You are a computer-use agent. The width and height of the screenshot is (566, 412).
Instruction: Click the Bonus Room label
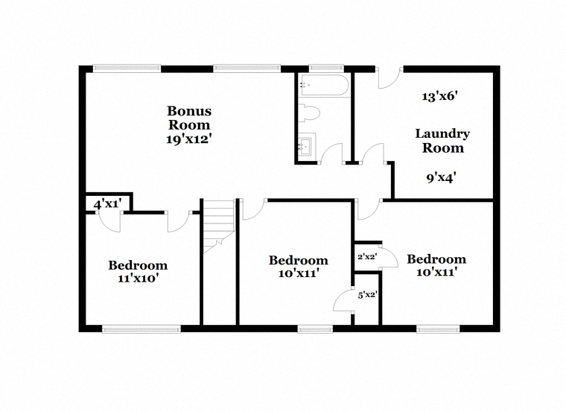tap(189, 118)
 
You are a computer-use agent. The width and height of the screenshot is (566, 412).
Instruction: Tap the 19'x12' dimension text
tap(188, 139)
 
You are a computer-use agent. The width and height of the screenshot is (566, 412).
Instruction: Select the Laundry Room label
tap(442, 141)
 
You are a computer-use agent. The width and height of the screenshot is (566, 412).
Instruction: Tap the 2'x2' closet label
tap(367, 257)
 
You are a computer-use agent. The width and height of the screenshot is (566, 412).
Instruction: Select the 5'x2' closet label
tap(367, 295)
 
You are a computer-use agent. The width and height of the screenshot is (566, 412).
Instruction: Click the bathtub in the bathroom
tap(324, 86)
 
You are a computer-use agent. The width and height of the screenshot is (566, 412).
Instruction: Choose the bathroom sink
tap(307, 145)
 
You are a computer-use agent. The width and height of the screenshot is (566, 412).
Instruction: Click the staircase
tap(219, 226)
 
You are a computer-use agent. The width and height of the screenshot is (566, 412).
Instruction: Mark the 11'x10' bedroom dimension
tap(139, 279)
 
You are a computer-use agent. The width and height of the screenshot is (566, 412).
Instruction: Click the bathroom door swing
tap(331, 153)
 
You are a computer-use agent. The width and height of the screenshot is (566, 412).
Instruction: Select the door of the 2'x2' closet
tap(389, 256)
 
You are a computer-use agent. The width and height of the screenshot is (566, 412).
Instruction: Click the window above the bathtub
tap(327, 67)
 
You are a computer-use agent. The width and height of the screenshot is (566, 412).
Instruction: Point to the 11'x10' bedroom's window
tap(141, 329)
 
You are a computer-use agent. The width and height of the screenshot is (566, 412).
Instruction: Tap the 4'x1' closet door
tap(109, 222)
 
